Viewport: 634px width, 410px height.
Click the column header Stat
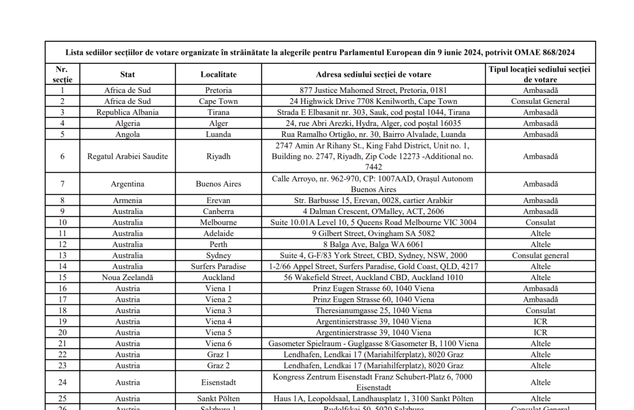point(127,74)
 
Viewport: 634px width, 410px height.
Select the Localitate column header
point(218,74)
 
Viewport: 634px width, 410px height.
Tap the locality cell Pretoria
point(218,90)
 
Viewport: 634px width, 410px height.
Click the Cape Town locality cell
point(218,101)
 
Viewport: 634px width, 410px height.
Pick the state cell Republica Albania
point(127,113)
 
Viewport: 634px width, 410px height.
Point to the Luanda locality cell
point(218,134)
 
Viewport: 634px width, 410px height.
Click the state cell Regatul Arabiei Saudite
point(127,157)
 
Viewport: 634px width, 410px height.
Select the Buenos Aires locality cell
point(218,184)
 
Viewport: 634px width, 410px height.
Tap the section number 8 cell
point(62,200)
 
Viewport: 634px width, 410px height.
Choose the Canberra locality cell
point(218,212)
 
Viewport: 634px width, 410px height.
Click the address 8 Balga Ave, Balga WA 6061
point(373,245)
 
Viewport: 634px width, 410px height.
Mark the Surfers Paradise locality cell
point(218,266)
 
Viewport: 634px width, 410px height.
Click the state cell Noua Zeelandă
point(127,277)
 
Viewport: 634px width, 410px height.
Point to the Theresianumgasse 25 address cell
point(373,311)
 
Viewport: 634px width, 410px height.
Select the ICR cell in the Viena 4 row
point(540,322)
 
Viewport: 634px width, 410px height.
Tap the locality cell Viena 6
point(218,343)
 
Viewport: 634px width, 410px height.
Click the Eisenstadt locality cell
point(218,382)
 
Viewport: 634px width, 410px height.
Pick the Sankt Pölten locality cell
point(218,399)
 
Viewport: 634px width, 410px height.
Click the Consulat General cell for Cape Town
point(540,101)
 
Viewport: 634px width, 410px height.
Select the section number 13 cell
point(62,256)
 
